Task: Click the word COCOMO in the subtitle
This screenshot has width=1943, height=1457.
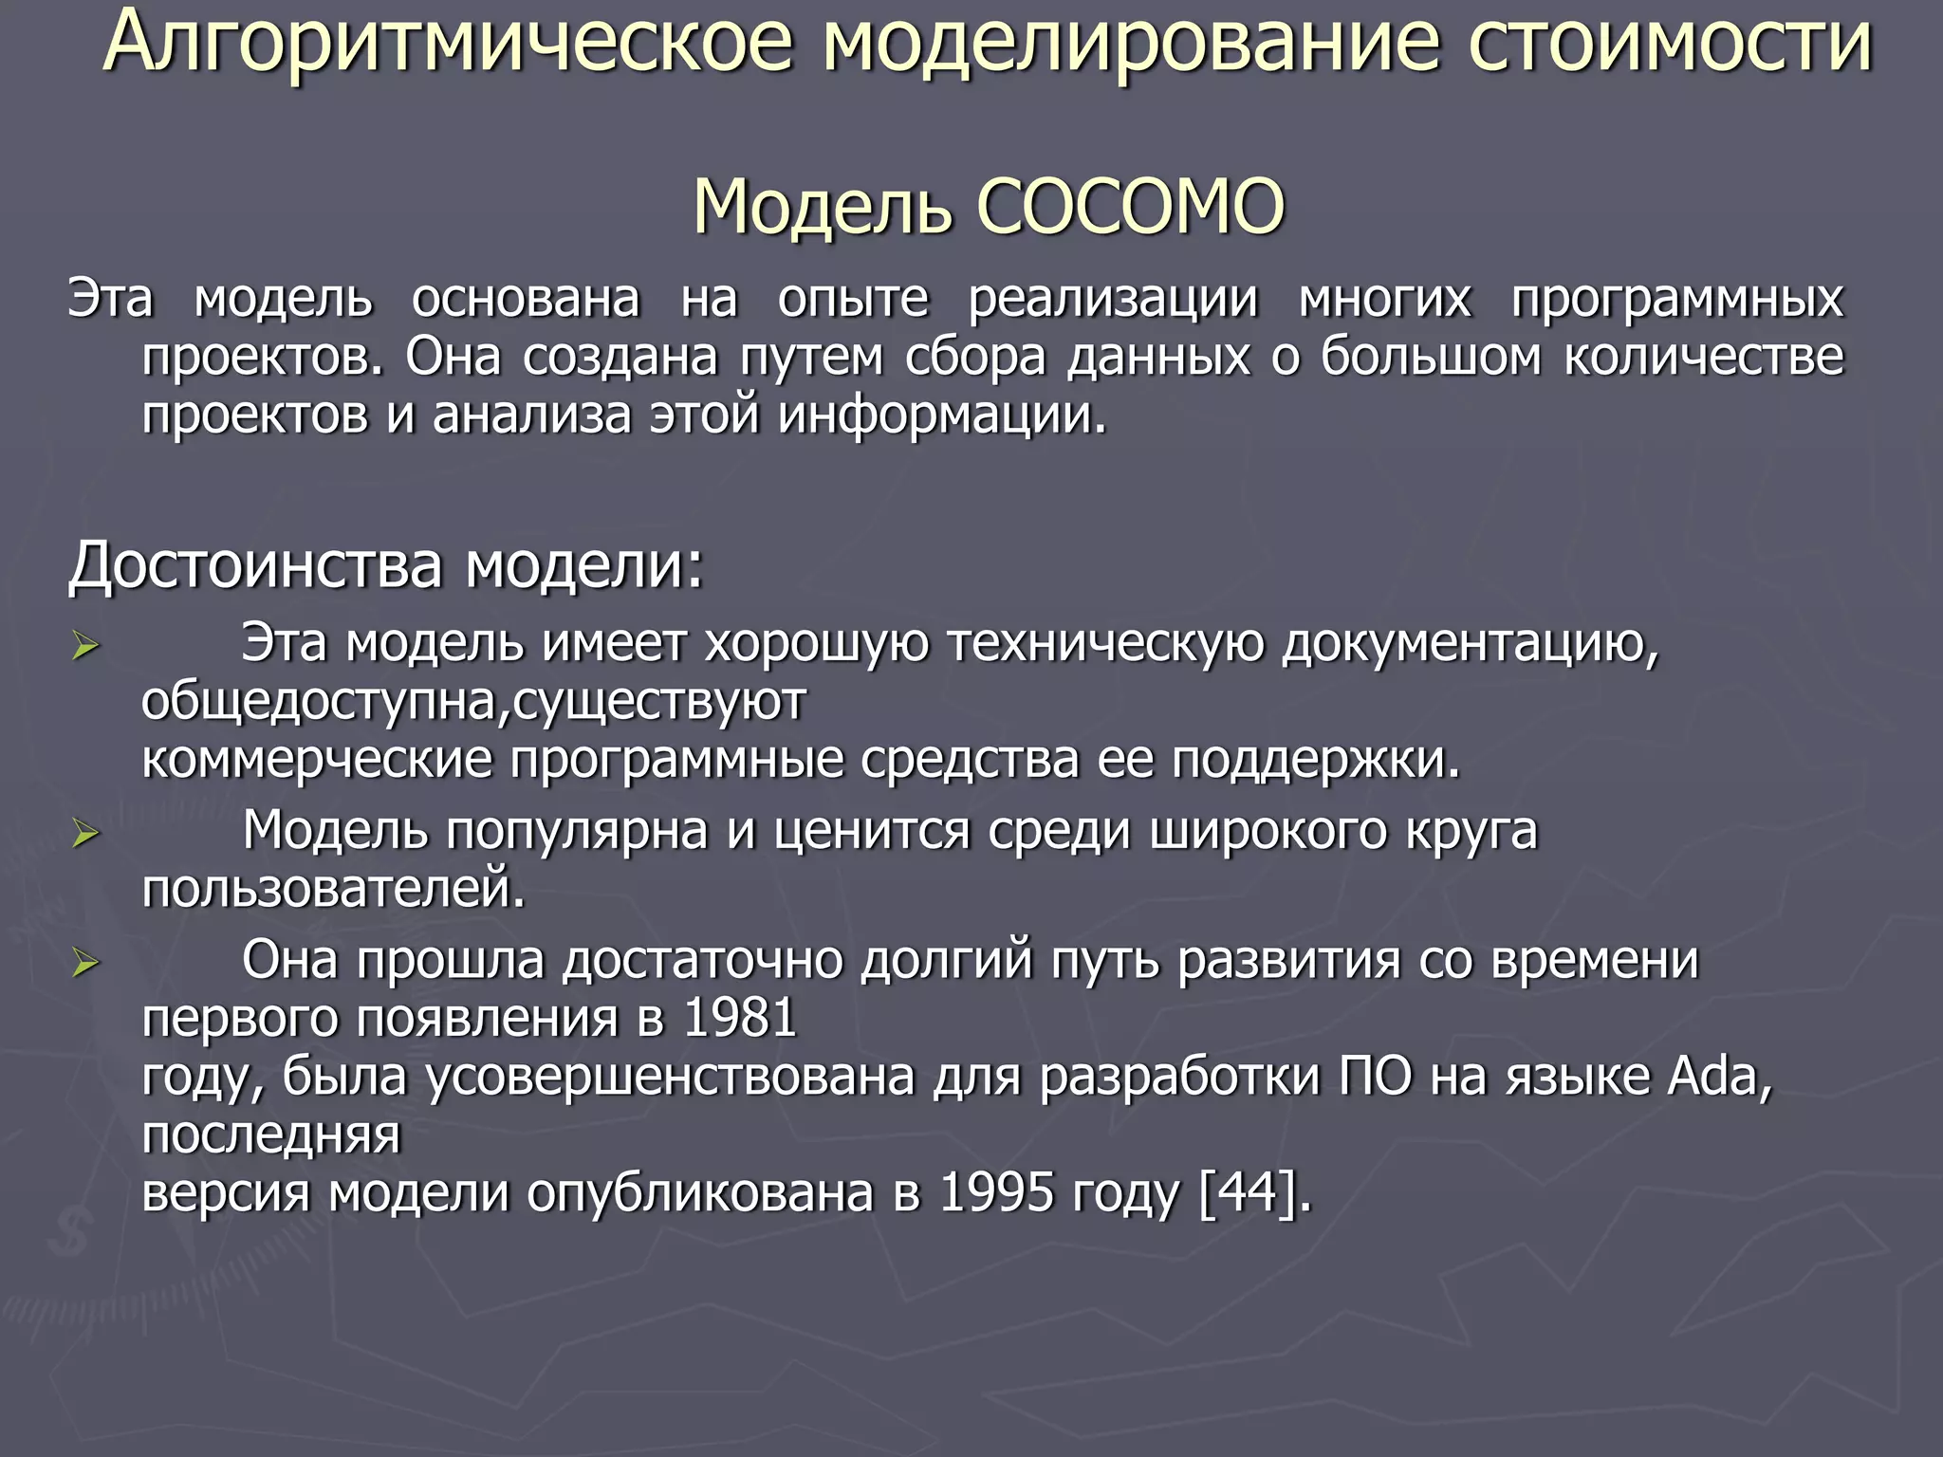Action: pyautogui.click(x=1130, y=207)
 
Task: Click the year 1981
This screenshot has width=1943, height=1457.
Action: pyautogui.click(x=739, y=1018)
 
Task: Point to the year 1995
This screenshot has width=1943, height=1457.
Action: pyautogui.click(x=996, y=1192)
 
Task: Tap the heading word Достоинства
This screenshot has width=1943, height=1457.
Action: pyautogui.click(x=256, y=565)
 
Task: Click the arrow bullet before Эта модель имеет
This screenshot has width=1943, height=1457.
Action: pyautogui.click(x=85, y=648)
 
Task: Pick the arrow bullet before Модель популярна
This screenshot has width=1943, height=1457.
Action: pyautogui.click(x=85, y=835)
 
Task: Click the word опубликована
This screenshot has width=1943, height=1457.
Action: pyautogui.click(x=700, y=1192)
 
